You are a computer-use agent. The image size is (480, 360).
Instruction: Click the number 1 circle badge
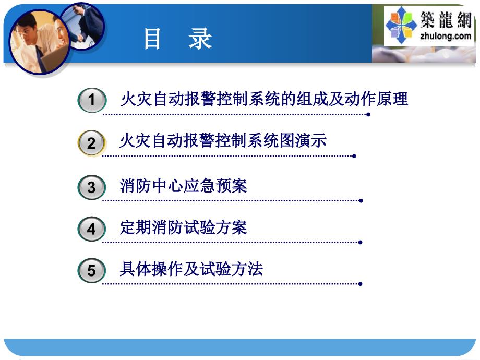(x=92, y=100)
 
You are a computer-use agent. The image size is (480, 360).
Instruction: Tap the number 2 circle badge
(x=91, y=142)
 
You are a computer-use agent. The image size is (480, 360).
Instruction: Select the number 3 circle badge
(x=91, y=187)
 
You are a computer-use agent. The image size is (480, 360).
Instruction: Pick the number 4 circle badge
(x=91, y=229)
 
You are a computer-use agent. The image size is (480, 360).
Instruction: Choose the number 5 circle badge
(x=91, y=270)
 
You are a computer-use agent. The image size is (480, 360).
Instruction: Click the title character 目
(x=152, y=39)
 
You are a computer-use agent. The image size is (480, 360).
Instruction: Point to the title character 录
(x=200, y=39)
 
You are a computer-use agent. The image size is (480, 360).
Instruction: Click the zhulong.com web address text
(x=446, y=36)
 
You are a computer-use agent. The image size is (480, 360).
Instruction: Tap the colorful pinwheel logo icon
(x=401, y=26)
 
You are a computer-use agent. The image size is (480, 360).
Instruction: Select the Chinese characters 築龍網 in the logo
(x=446, y=20)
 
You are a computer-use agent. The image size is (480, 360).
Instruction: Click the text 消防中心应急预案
(x=183, y=186)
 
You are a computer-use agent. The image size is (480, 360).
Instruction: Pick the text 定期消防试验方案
(x=183, y=227)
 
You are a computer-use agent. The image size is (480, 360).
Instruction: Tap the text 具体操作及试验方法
(x=191, y=269)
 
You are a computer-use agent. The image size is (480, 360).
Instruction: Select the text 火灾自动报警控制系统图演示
(x=223, y=141)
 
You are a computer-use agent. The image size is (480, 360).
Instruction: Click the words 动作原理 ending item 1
(x=376, y=99)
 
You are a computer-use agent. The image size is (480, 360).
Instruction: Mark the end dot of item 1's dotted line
(x=368, y=114)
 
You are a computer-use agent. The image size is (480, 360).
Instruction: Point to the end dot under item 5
(x=361, y=284)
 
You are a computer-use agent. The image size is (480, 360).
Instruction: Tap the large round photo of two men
(x=39, y=42)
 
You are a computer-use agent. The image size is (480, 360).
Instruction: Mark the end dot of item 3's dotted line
(x=361, y=201)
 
